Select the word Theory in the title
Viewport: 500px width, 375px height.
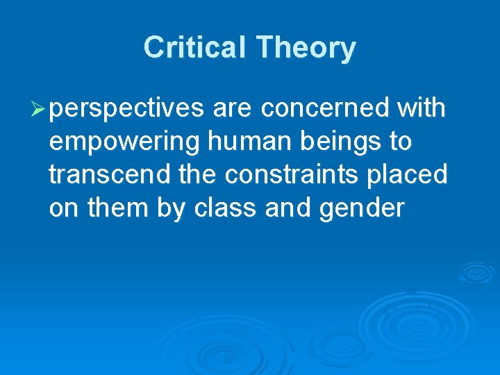306,48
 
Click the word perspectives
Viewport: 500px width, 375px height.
128,109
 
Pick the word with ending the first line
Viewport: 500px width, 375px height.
421,108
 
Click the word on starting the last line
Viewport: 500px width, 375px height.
64,208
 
